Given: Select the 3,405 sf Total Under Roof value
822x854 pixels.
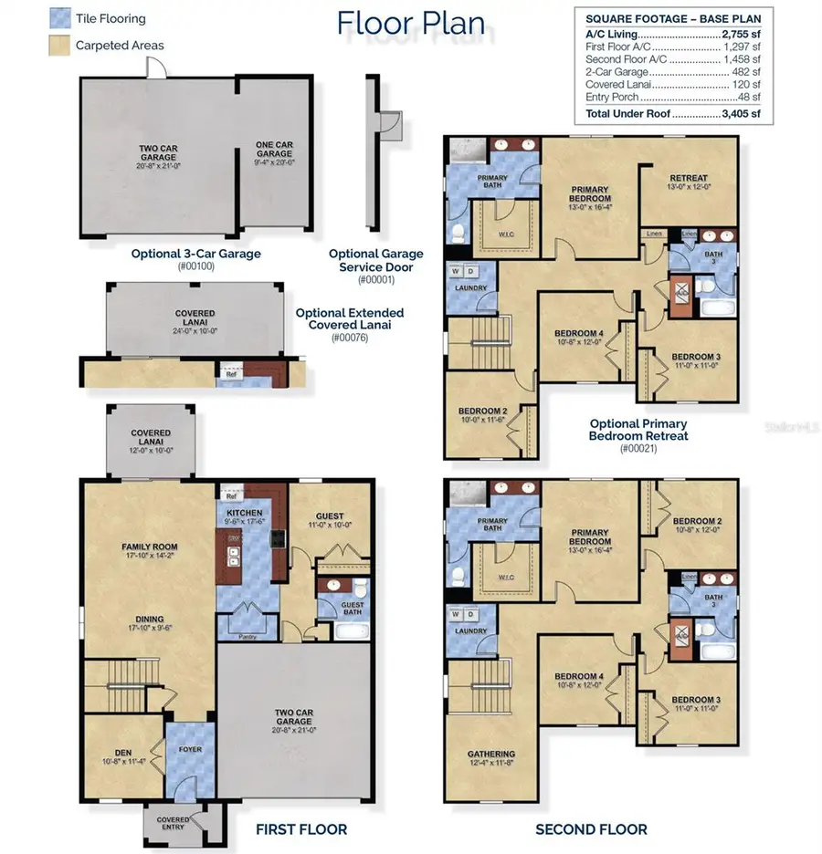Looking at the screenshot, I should pos(742,114).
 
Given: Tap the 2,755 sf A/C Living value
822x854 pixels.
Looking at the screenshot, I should pos(741,34).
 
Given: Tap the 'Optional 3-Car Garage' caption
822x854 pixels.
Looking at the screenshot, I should pos(195,254).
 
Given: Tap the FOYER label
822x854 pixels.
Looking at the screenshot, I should pos(190,749).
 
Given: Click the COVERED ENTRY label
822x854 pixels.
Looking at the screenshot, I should pos(174,823).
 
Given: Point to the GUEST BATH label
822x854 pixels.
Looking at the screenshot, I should pos(352,608).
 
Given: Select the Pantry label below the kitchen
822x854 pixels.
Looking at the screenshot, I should pos(245,637).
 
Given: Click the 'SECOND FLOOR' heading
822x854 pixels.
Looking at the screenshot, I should pos(591,829).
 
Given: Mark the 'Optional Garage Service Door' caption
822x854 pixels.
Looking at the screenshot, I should pos(374,260).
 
